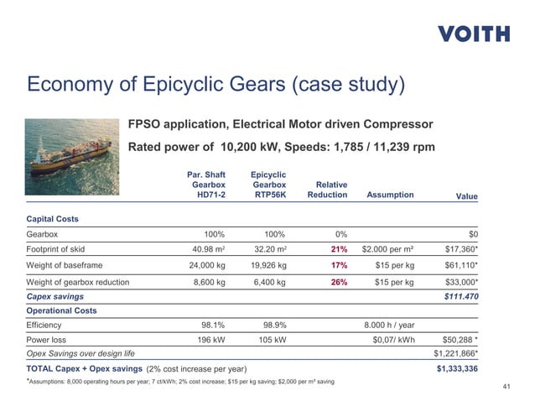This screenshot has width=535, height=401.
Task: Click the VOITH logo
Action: pyautogui.click(x=473, y=34)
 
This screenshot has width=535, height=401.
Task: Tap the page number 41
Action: pyautogui.click(x=506, y=387)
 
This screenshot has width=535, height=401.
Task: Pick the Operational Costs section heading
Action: pyautogui.click(x=61, y=310)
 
